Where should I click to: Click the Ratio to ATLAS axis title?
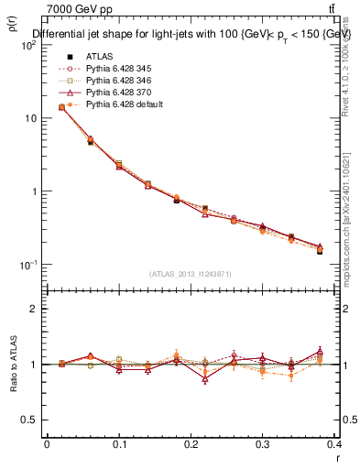click(x=12, y=364)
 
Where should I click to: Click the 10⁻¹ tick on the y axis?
click(x=28, y=265)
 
